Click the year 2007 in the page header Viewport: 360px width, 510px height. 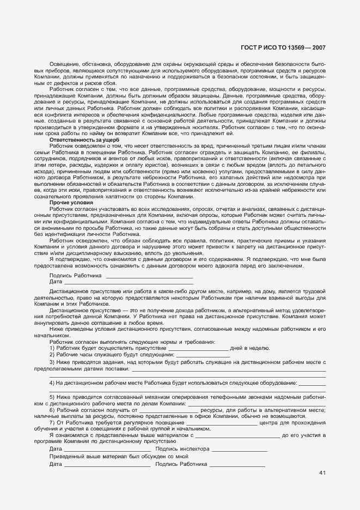point(319,48)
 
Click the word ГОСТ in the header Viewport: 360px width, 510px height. point(249,48)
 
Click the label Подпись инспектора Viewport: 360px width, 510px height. point(182,449)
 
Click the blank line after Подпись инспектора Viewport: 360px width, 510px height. point(239,450)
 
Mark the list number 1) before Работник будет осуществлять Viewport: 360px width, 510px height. point(52,347)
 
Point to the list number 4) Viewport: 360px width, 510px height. point(52,383)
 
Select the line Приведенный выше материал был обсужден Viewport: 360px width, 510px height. point(119,457)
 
